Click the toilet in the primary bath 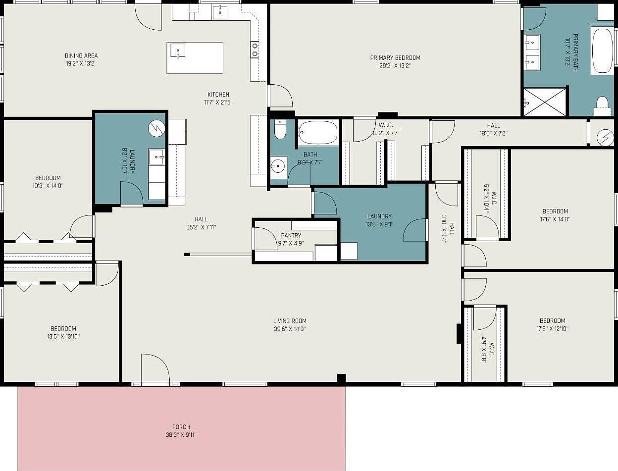[603, 106]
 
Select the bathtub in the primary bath [602, 51]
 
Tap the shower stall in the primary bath [545, 102]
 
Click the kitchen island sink [178, 51]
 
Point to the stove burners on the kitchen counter [255, 49]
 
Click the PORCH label [181, 427]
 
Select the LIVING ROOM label [290, 320]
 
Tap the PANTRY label [291, 235]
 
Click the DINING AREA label [81, 55]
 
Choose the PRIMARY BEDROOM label [395, 57]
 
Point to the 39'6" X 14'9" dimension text [290, 328]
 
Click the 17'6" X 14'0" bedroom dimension [555, 219]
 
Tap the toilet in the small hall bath [280, 129]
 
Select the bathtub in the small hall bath [318, 133]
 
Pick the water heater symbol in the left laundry [156, 128]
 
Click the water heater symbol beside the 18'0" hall [605, 138]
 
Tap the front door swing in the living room [155, 368]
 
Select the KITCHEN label [218, 94]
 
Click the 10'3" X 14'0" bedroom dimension [48, 186]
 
